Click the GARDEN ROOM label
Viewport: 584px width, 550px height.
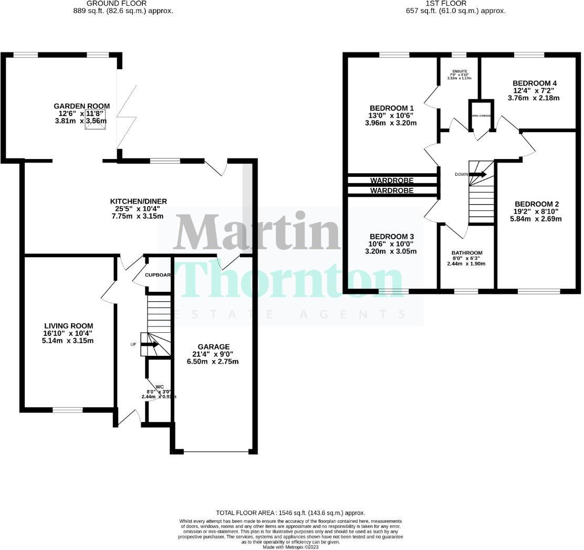pyautogui.click(x=81, y=106)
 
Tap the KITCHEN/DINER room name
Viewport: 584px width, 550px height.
pyautogui.click(x=138, y=202)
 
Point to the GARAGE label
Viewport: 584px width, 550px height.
pyautogui.click(x=213, y=347)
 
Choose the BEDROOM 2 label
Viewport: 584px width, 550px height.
pyautogui.click(x=536, y=204)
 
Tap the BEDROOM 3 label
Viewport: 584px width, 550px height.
pyautogui.click(x=392, y=236)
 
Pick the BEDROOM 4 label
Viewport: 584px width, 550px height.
pyautogui.click(x=534, y=83)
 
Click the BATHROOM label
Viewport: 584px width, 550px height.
pyautogui.click(x=466, y=253)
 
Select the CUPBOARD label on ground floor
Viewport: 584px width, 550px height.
pyautogui.click(x=158, y=275)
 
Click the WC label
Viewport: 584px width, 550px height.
pyautogui.click(x=159, y=387)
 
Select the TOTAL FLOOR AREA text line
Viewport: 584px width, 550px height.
pyautogui.click(x=290, y=513)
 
